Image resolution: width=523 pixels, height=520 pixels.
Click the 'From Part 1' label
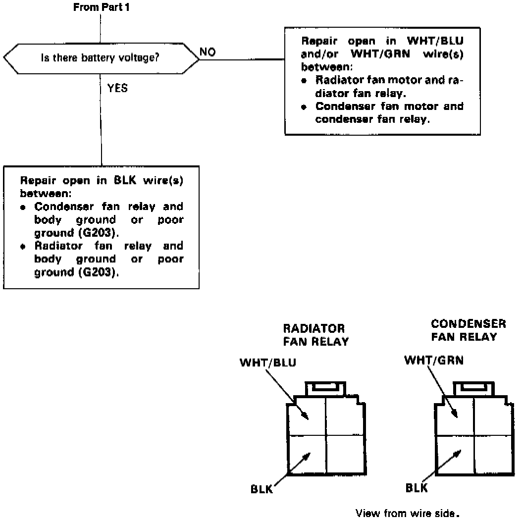coord(102,7)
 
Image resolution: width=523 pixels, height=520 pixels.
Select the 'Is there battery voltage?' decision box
coord(101,58)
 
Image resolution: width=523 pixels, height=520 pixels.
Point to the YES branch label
coord(117,89)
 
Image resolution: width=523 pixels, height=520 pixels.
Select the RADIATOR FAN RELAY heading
coord(315,335)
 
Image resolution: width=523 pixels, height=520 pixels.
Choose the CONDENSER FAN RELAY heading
coord(468,330)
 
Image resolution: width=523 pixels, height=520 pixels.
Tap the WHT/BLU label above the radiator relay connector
coord(268,363)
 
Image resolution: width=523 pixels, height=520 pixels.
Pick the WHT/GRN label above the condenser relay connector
coord(434,360)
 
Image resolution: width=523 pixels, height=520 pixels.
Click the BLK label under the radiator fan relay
coord(261,490)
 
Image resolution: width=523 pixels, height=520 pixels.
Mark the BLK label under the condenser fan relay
coord(417,488)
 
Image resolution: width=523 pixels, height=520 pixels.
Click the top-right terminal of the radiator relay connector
coord(345,416)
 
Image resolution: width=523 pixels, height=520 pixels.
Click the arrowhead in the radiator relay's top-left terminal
coord(306,416)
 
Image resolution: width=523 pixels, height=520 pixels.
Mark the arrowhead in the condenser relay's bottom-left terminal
coord(459,452)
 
